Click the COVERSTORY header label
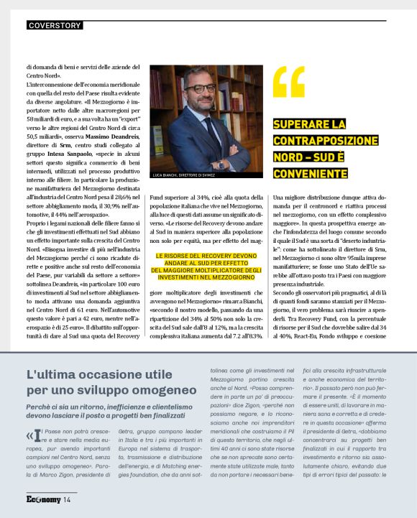pyautogui.click(x=54, y=25)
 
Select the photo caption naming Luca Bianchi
pyautogui.click(x=183, y=175)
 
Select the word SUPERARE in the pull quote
pyautogui.click(x=299, y=126)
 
